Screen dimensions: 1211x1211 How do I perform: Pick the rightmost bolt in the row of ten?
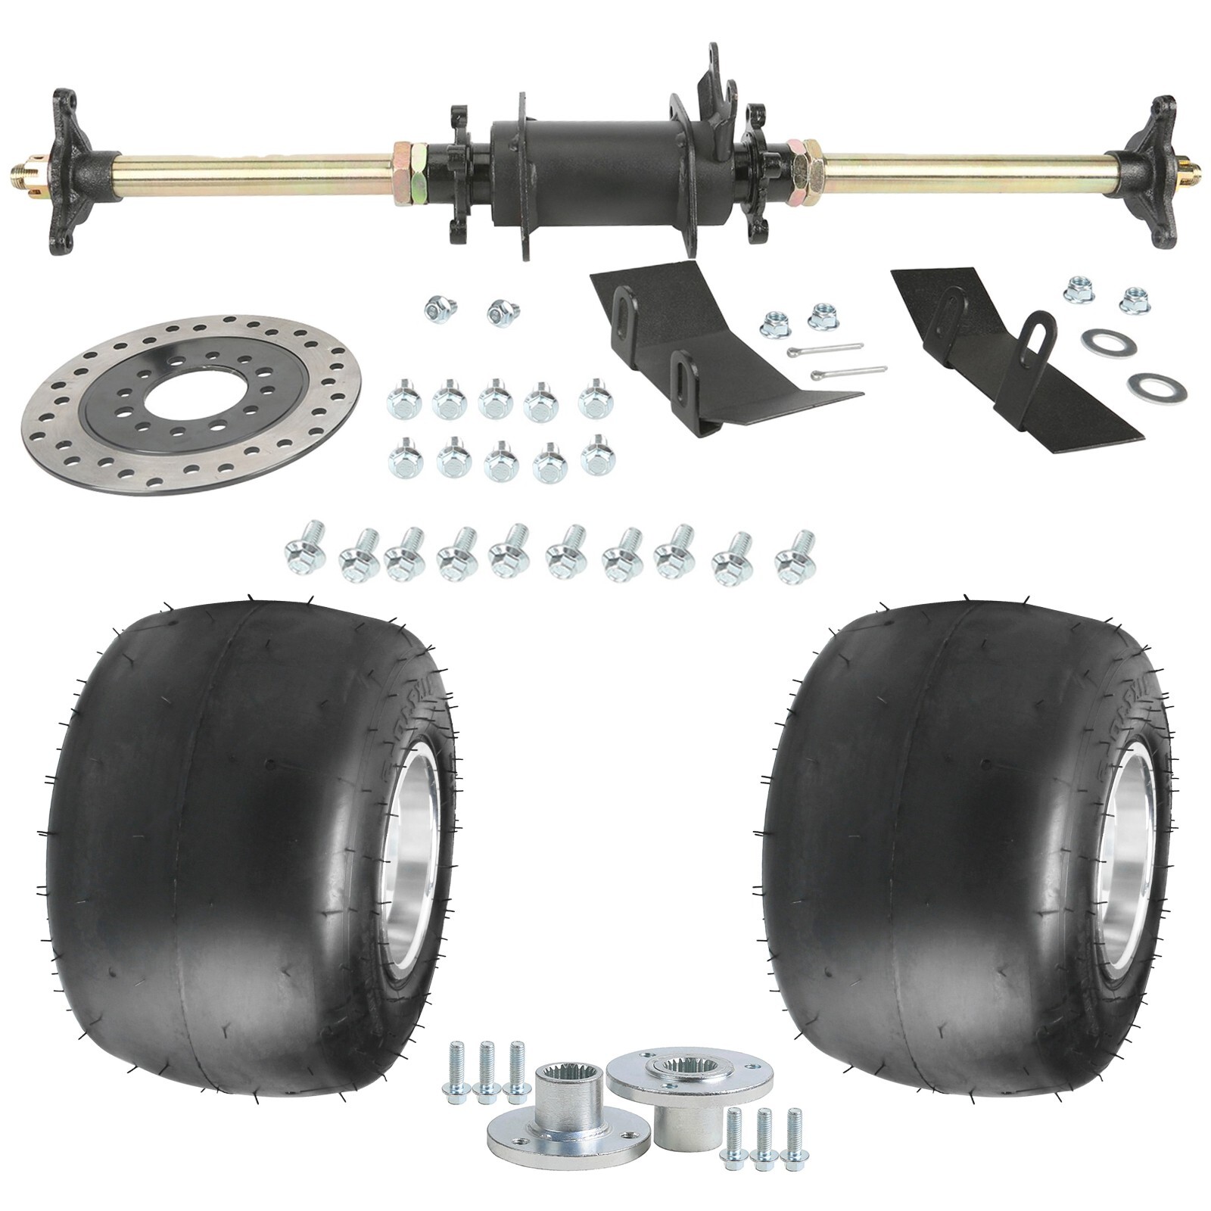click(x=795, y=553)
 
